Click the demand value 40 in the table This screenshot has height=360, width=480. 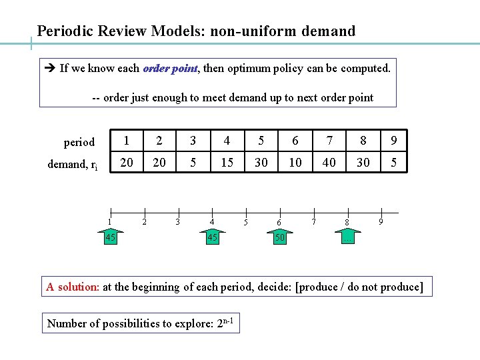tap(329, 162)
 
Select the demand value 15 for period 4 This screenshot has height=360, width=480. tap(227, 162)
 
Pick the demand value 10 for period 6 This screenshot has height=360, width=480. tap(295, 162)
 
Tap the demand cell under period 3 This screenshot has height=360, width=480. tap(193, 162)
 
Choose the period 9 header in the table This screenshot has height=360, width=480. tap(394, 141)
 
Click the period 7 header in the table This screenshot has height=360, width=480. tap(329, 141)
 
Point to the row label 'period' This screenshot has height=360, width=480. tap(79, 142)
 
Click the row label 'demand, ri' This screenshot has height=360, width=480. tap(73, 164)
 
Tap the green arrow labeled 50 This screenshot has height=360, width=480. tap(280, 237)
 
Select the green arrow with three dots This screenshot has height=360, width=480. tap(347, 237)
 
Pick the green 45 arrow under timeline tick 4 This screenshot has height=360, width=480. tap(212, 237)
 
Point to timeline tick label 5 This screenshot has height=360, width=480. tap(246, 222)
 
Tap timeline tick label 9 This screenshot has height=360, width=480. tap(381, 221)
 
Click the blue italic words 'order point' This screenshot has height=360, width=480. tap(170, 68)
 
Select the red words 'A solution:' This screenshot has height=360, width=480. tap(73, 287)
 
